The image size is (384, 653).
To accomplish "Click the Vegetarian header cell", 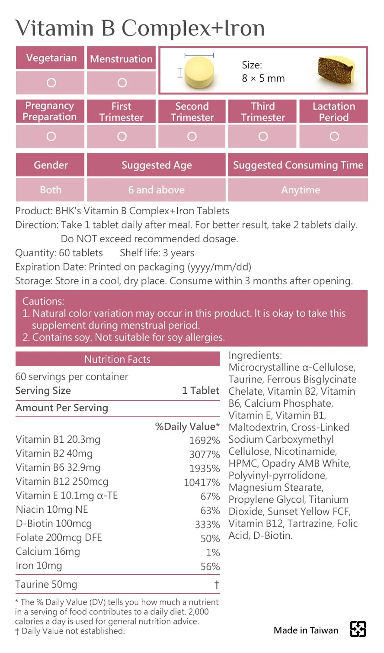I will tap(51, 58).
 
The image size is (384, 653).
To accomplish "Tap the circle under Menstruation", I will tap(122, 83).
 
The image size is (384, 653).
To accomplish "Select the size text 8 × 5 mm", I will tap(263, 78).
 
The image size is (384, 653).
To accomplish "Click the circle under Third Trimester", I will tap(263, 136).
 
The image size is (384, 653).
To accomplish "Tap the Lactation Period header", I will tap(333, 112).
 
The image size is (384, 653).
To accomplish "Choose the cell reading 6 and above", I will tap(156, 190).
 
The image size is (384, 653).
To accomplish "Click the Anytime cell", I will tap(301, 190).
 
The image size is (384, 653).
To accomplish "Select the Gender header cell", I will tap(51, 165).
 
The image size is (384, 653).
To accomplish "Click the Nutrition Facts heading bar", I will tap(118, 359).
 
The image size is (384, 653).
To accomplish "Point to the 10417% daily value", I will tap(202, 482).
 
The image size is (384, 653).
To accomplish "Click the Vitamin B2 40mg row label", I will tap(54, 454).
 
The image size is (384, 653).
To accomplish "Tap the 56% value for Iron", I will tap(210, 566).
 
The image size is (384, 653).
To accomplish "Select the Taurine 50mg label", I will tap(46, 584).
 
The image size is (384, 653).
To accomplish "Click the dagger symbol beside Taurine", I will tap(217, 585).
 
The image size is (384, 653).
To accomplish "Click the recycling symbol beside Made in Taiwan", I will tap(358, 629).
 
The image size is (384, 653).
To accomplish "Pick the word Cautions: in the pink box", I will tap(43, 301).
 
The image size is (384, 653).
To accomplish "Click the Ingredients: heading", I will tap(255, 355).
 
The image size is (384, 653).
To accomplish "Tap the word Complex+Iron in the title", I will tap(193, 29).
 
